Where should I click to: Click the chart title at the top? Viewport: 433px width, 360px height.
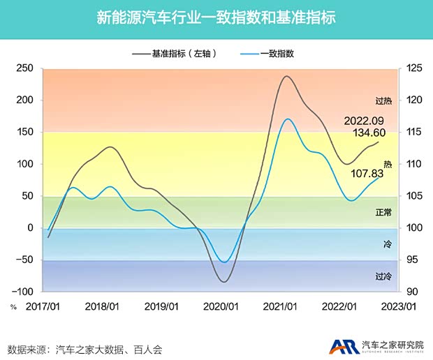216,17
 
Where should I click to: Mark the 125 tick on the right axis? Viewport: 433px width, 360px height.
413,68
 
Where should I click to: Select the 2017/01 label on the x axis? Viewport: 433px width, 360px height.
44,306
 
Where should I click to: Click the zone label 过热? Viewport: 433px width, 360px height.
383,100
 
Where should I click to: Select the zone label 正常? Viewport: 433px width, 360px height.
383,212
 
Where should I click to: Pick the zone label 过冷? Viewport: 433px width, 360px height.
383,276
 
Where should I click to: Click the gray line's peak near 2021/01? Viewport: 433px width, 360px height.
287,76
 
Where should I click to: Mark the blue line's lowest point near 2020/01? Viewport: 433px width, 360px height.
223,262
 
